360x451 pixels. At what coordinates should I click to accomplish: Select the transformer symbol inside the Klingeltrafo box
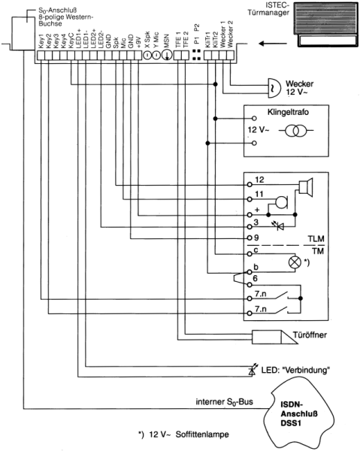tap(296, 131)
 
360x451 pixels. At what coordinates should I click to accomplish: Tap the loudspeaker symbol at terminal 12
tap(305, 187)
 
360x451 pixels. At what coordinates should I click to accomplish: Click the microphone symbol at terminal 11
tap(282, 202)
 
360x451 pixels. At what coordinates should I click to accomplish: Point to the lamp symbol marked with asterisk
tap(295, 262)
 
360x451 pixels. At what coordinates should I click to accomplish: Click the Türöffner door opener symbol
tap(275, 337)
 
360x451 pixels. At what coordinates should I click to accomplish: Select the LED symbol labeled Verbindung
tap(253, 370)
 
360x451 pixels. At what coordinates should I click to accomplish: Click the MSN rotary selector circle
tap(167, 55)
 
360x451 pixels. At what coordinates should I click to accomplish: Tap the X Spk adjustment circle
tap(147, 55)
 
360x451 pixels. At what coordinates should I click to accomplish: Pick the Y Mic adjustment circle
tap(156, 55)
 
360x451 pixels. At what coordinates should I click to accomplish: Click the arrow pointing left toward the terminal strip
tap(273, 44)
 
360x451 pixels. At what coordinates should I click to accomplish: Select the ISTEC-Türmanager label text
tap(268, 9)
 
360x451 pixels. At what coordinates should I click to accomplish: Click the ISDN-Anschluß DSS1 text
tap(299, 414)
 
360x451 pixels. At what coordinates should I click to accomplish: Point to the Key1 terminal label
tap(41, 41)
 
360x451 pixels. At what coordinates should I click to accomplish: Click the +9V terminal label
tap(138, 42)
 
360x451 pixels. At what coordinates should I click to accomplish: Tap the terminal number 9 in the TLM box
tap(256, 238)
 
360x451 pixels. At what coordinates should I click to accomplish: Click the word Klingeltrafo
tap(288, 112)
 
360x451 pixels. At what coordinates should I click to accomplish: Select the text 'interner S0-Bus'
tap(224, 402)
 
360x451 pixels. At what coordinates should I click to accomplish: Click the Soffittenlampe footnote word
tap(202, 434)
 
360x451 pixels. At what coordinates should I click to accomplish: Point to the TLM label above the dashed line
tap(316, 239)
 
